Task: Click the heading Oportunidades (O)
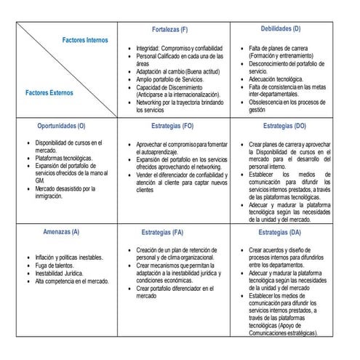pos(61,125)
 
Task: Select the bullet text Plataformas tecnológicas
pos(64,158)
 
